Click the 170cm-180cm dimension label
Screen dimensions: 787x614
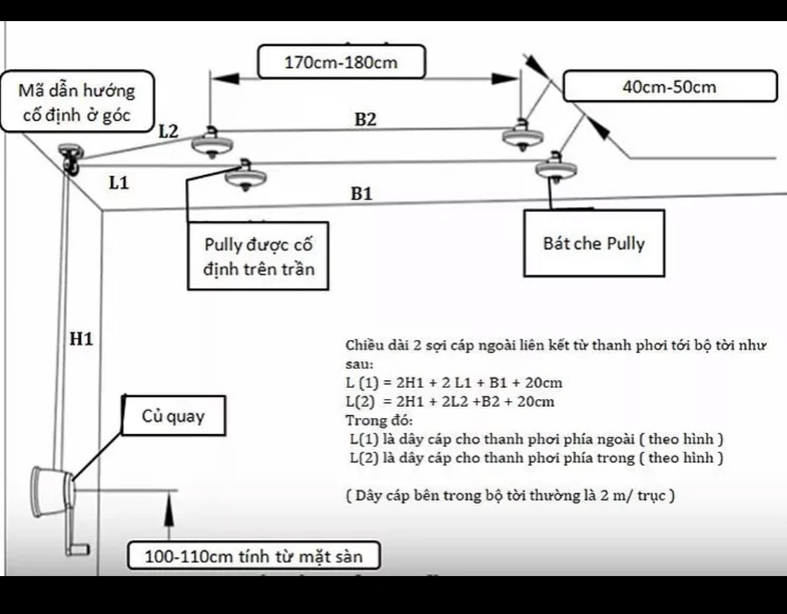point(342,63)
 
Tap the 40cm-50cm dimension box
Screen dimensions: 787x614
point(670,87)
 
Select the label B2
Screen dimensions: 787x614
point(365,119)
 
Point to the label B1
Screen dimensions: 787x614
point(361,194)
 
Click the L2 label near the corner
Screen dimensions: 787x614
point(169,131)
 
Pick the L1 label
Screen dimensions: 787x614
point(119,183)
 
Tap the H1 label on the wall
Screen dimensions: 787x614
point(82,339)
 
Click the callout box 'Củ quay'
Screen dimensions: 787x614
point(174,416)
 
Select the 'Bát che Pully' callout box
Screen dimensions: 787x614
point(594,243)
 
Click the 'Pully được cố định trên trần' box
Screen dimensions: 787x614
point(259,256)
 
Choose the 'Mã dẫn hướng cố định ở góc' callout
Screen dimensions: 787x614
point(77,102)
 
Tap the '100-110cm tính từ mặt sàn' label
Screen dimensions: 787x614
point(254,556)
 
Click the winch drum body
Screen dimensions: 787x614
point(50,492)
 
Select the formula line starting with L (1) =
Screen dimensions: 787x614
point(454,383)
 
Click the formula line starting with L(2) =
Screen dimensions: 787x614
point(450,401)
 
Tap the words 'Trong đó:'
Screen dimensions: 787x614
point(379,420)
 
